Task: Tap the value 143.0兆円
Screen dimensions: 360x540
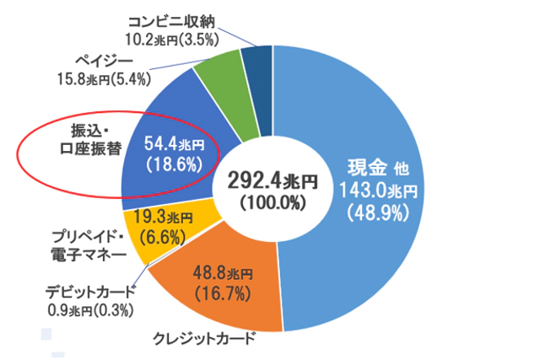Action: tap(378, 190)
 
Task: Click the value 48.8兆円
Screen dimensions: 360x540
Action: tap(224, 275)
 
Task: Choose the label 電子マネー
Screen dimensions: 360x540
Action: tap(87, 253)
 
